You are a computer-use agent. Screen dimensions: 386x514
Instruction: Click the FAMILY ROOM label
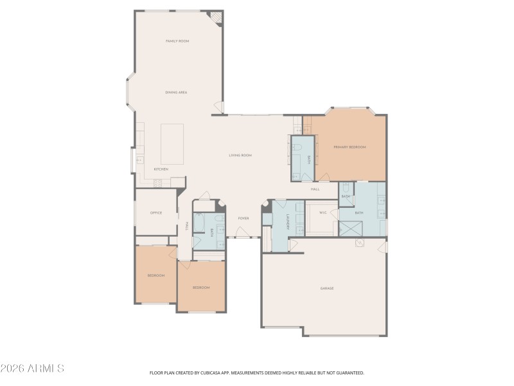pos(177,41)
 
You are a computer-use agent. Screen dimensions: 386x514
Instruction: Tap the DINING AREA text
pos(175,93)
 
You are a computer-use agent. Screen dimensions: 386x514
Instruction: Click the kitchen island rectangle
pos(172,143)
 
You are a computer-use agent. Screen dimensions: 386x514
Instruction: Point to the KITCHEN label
pos(161,169)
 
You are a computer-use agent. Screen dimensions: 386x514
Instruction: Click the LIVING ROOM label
pos(240,155)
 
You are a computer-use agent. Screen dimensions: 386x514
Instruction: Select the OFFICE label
pos(155,213)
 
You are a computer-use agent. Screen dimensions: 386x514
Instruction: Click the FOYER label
pos(244,219)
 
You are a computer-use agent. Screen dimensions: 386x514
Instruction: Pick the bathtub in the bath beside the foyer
pos(199,224)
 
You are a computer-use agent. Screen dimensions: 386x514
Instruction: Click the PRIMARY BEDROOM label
pos(349,147)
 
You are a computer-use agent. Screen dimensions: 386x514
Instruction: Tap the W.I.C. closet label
pos(323,212)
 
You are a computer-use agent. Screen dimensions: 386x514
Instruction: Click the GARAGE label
pos(327,288)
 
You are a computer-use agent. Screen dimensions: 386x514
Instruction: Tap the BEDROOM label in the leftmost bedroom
pos(156,275)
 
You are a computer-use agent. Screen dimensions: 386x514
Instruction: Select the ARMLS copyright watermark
pos(32,369)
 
